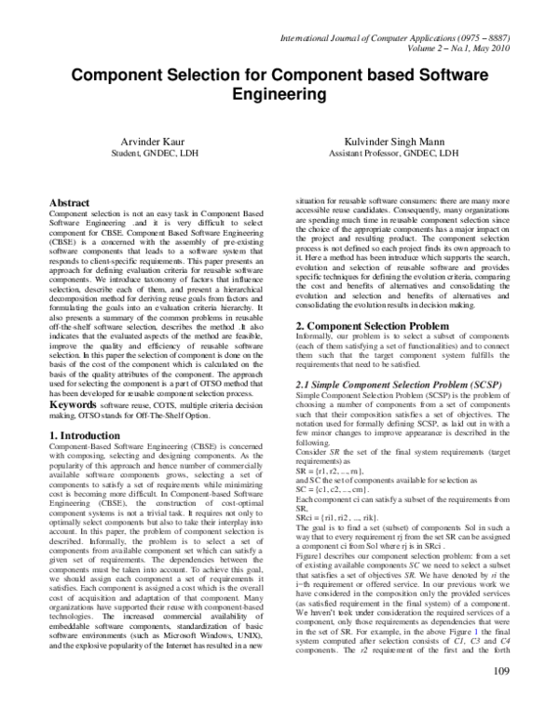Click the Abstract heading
point(74,202)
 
